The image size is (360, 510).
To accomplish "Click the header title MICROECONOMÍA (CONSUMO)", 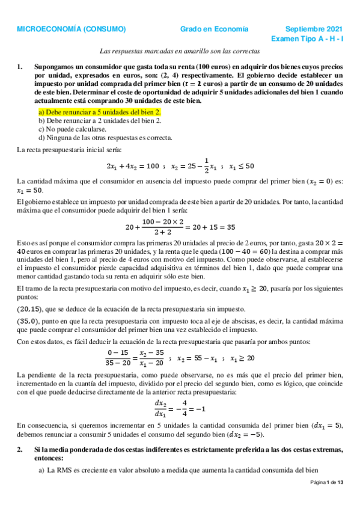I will [x=71, y=29].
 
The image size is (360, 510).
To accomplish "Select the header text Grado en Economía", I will [x=215, y=29].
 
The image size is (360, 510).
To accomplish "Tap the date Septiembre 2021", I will [x=314, y=29].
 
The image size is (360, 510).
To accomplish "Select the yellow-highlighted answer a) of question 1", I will [x=100, y=112].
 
